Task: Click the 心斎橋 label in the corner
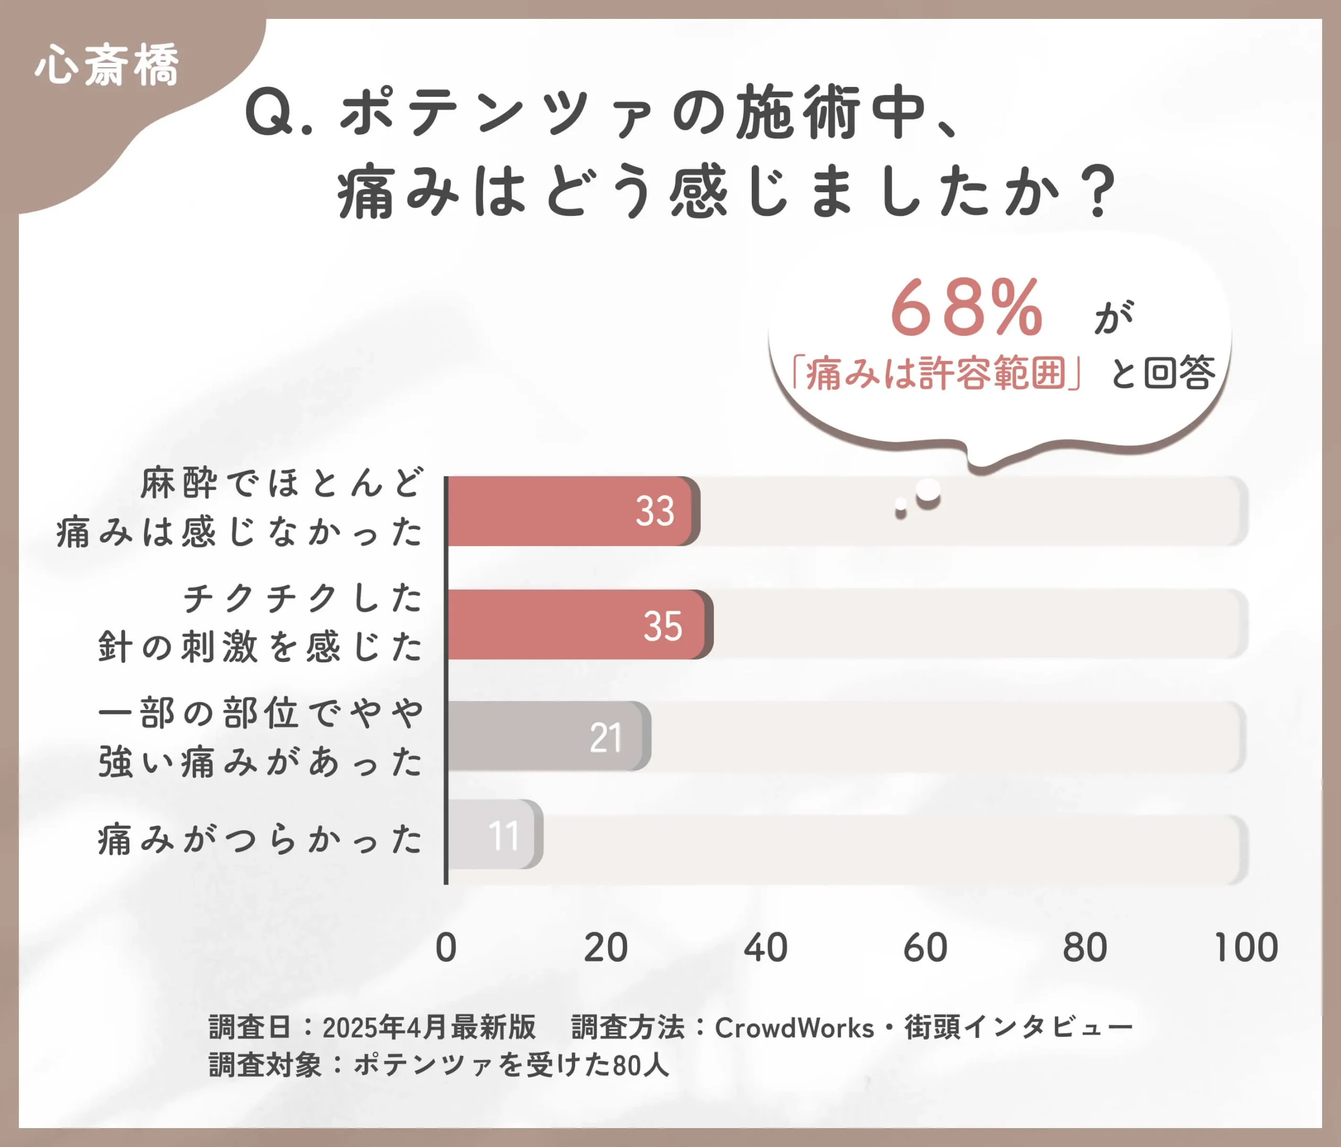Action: click(107, 65)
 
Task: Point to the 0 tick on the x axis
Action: click(446, 948)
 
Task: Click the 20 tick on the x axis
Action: click(606, 948)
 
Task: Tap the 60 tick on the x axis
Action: click(925, 948)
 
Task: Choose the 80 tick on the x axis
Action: click(1085, 948)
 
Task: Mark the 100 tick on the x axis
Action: click(1246, 948)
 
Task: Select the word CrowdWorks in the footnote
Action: click(794, 1028)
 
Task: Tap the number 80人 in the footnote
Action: click(641, 1065)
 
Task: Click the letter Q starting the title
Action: click(270, 113)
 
